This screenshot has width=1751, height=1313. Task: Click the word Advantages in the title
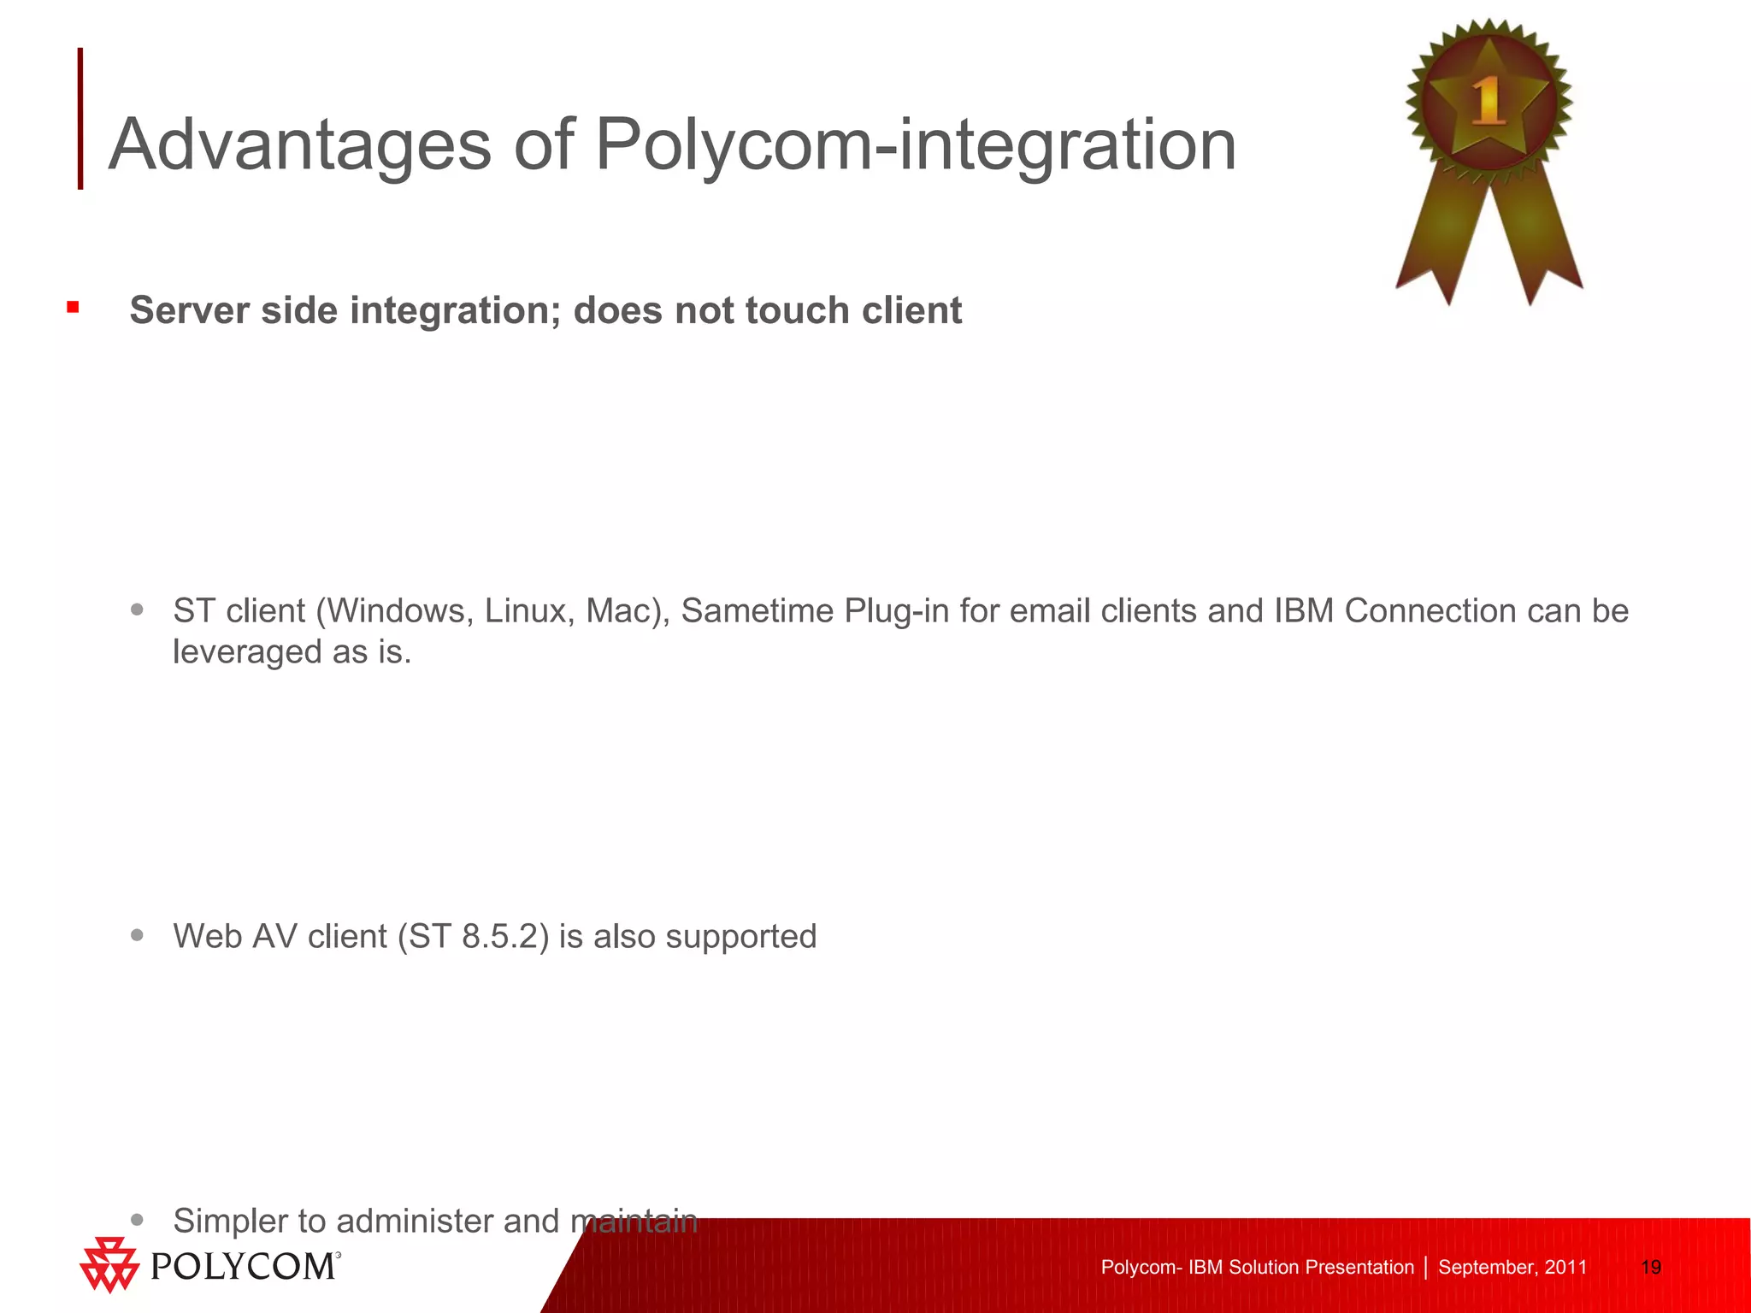(300, 145)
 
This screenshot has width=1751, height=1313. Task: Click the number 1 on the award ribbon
(1489, 101)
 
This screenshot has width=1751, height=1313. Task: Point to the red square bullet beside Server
(74, 307)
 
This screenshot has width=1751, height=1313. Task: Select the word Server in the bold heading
(190, 310)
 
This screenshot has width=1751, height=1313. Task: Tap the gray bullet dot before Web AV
(138, 934)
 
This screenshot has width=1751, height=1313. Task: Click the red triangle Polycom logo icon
(109, 1264)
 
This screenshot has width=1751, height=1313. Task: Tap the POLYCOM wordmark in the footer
(245, 1266)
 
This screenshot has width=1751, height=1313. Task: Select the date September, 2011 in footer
(1512, 1267)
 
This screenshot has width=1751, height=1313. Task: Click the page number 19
(1651, 1267)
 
